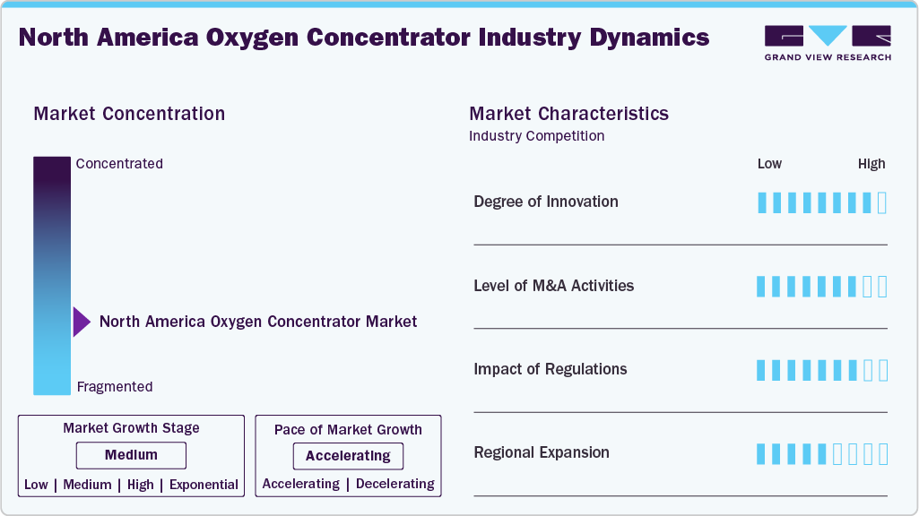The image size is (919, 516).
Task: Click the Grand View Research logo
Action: pyautogui.click(x=827, y=42)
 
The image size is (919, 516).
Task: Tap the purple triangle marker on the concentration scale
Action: pyautogui.click(x=81, y=322)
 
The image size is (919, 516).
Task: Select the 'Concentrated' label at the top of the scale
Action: pyautogui.click(x=119, y=164)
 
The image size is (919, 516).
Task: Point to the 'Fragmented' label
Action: pyautogui.click(x=115, y=387)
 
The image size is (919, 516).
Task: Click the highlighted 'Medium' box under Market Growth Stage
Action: pyautogui.click(x=131, y=455)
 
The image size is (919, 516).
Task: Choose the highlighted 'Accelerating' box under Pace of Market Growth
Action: pyautogui.click(x=348, y=456)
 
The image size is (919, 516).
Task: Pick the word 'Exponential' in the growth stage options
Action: pyautogui.click(x=204, y=485)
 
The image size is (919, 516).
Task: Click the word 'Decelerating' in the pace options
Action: pyautogui.click(x=395, y=484)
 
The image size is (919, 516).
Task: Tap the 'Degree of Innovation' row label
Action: pyautogui.click(x=546, y=202)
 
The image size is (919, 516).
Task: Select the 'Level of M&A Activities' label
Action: pyautogui.click(x=553, y=286)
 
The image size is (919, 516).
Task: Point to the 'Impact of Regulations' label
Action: pyautogui.click(x=551, y=369)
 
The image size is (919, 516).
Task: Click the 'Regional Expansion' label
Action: pyautogui.click(x=542, y=452)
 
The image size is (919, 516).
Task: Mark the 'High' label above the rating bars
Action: pyautogui.click(x=871, y=164)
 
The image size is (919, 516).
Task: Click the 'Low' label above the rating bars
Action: pyautogui.click(x=769, y=164)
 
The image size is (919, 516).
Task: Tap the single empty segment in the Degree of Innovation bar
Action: pyautogui.click(x=882, y=202)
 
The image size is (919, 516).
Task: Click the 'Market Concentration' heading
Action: pyautogui.click(x=129, y=114)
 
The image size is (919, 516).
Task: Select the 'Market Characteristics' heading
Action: pyautogui.click(x=568, y=114)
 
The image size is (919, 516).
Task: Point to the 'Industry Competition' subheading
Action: pyautogui.click(x=536, y=136)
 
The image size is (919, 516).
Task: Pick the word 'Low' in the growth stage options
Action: pyautogui.click(x=36, y=485)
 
